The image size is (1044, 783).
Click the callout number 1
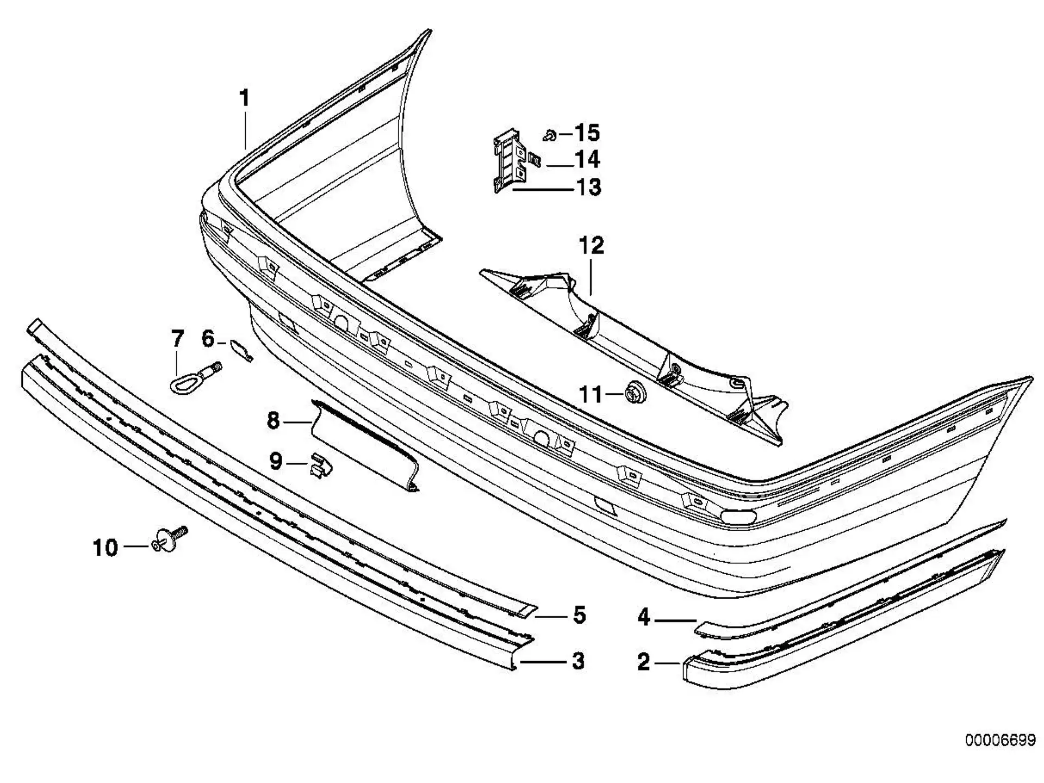point(245,98)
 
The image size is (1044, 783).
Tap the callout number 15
point(587,133)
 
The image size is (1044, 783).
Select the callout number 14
point(587,159)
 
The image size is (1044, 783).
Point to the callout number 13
point(588,187)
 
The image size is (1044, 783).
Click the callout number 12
point(592,246)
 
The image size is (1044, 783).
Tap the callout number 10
point(105,548)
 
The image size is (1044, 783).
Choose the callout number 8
point(274,421)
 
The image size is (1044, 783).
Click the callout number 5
point(580,616)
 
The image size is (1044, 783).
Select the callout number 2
point(643,662)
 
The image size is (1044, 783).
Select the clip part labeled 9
point(320,465)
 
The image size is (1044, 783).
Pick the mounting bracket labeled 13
point(509,160)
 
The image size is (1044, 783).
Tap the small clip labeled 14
point(535,160)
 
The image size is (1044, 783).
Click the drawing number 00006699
point(1000,741)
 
